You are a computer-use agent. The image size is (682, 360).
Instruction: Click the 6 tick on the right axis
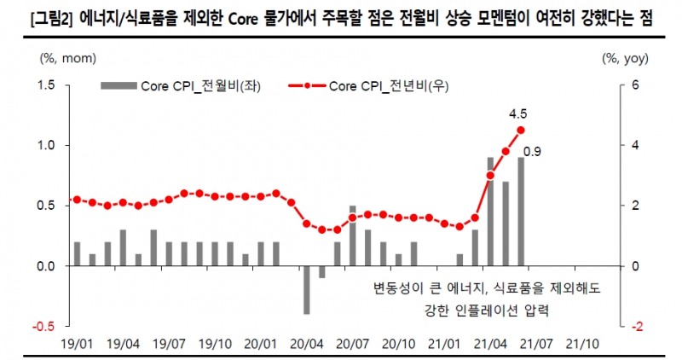[634, 85]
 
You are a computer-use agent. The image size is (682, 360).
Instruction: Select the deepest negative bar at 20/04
[306, 290]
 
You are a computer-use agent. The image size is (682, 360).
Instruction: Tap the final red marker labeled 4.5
[521, 131]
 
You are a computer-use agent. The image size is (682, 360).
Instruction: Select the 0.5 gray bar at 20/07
[352, 235]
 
